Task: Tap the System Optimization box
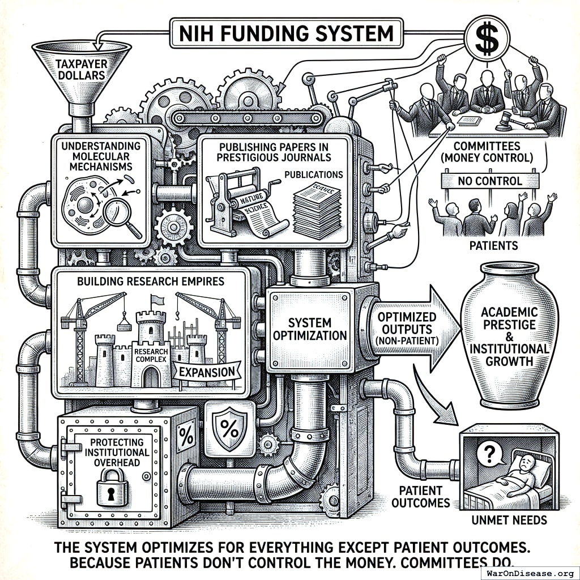point(309,329)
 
